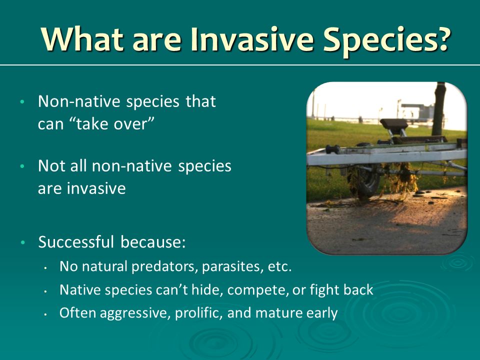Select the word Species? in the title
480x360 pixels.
385,41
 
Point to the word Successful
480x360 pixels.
76,242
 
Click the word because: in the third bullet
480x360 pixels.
153,242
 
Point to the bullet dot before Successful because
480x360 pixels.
22,242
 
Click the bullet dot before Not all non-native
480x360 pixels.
22,166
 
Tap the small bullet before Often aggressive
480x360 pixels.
45,314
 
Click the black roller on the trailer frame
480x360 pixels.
332,149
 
